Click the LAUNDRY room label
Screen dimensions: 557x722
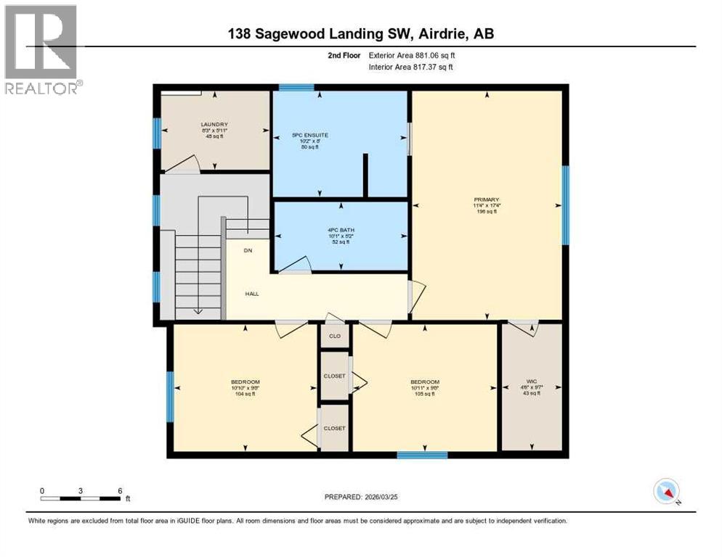pos(214,124)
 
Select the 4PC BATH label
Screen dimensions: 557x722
pos(338,231)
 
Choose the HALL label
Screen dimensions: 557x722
pos(251,294)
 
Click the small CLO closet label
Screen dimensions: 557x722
pos(335,337)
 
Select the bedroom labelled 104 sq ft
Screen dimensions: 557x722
pos(245,382)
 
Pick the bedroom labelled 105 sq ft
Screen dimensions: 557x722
pos(424,382)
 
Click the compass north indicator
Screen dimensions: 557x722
pos(666,491)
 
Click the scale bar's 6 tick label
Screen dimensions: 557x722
pos(119,490)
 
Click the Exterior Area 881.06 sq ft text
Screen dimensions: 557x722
pos(412,55)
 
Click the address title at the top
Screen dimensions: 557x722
pos(361,33)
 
